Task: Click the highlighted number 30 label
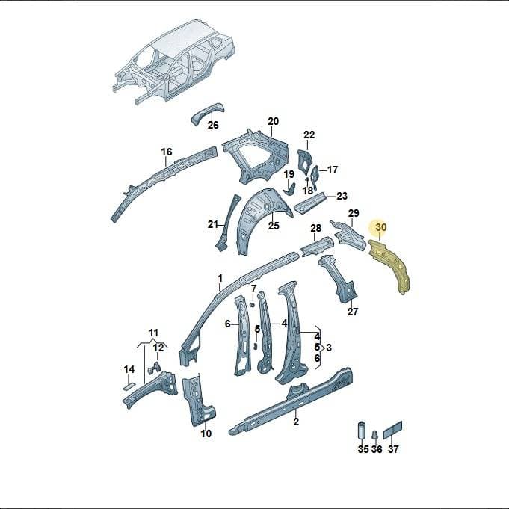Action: coord(380,227)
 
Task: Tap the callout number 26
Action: coord(213,125)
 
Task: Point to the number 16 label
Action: coord(167,152)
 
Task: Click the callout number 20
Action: coord(273,121)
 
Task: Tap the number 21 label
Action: coord(212,224)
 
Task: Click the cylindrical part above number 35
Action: coord(362,431)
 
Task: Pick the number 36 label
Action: coord(377,449)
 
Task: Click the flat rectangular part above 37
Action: coord(393,430)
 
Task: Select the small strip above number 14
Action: coord(129,386)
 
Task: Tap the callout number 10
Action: coord(206,434)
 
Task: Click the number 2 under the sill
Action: coord(296,422)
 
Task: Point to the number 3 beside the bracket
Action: coord(329,348)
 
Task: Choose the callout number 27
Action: coord(353,312)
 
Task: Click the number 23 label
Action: coord(342,196)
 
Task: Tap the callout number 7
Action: coord(253,288)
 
